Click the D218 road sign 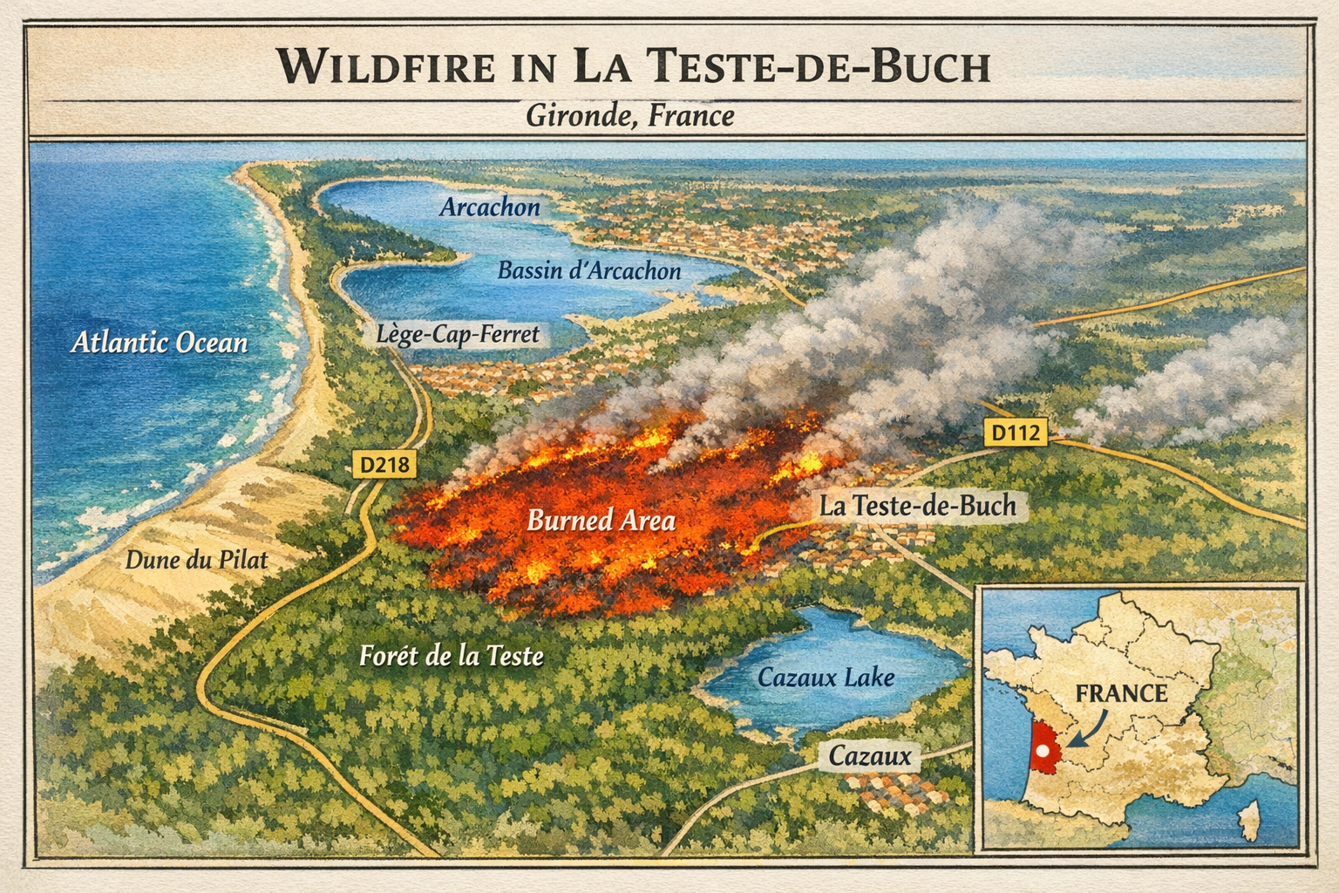(384, 465)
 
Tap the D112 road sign (1016, 432)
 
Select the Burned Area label (601, 521)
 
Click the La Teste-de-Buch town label (917, 506)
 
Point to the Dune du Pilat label (196, 559)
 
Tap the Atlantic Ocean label (159, 342)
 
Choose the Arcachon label (489, 207)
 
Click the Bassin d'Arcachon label (588, 270)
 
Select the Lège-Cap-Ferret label (458, 333)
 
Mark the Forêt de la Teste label (451, 655)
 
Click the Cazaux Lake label (826, 677)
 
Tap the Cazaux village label (869, 755)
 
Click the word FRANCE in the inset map (1120, 693)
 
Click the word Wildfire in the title (388, 67)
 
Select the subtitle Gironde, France (629, 115)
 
